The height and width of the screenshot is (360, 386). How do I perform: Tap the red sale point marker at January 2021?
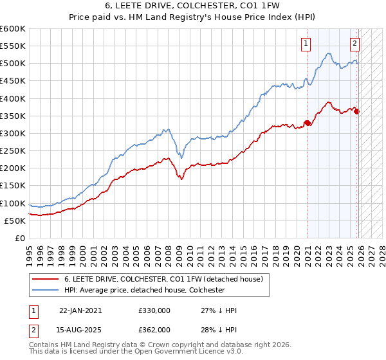(x=308, y=123)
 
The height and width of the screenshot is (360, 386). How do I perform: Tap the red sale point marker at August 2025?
(x=357, y=112)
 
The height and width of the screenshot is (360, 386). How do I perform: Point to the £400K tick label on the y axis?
(x=13, y=98)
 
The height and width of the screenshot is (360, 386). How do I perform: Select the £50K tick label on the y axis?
(x=15, y=221)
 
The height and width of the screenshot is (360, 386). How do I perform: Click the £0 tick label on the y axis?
(x=19, y=238)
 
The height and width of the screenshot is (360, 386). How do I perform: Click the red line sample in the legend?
(x=46, y=280)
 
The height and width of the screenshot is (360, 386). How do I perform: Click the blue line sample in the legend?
(x=46, y=290)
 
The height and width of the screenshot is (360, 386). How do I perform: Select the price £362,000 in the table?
(x=154, y=329)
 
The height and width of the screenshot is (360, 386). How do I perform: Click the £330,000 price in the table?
(x=154, y=310)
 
